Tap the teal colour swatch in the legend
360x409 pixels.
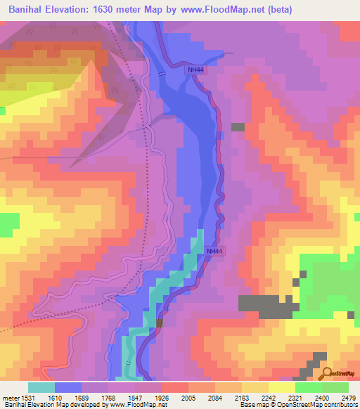(x=41, y=387)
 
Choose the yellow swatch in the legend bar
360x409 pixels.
(x=282, y=387)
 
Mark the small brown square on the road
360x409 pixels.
(x=160, y=323)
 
